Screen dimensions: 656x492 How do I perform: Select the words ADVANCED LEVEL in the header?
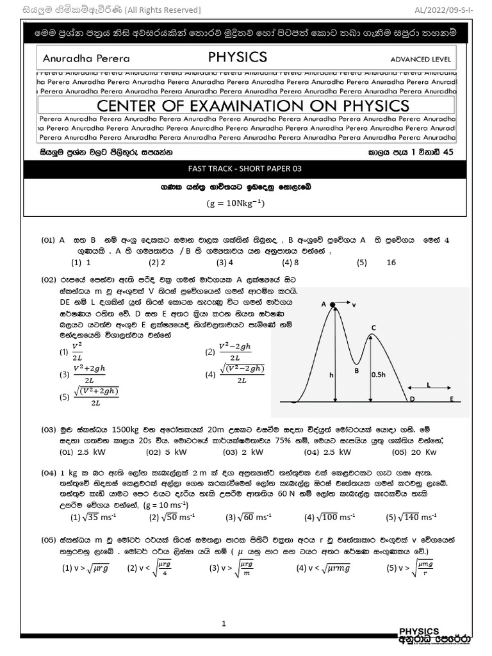click(420, 60)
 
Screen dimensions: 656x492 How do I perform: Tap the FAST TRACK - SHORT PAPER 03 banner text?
click(244, 168)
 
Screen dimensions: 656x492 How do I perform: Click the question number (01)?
click(49, 240)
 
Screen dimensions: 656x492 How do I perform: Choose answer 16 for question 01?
click(391, 262)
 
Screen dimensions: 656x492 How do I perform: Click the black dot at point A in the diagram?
click(334, 305)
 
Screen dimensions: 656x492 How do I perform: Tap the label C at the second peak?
click(373, 327)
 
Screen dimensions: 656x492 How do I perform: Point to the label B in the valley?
click(356, 370)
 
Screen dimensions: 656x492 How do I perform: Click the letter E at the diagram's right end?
click(452, 398)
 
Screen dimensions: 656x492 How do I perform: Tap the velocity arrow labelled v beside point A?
click(347, 305)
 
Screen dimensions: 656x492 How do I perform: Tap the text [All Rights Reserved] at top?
click(163, 10)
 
